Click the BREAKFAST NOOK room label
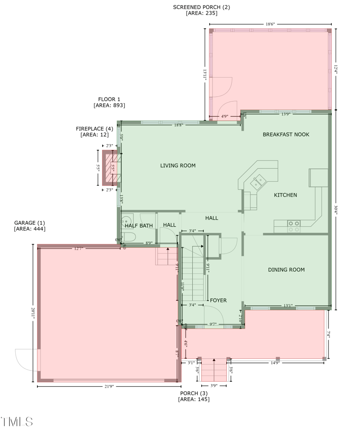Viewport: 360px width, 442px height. tap(286, 134)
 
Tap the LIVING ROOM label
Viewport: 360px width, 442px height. tap(178, 165)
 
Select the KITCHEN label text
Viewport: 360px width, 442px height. tap(285, 195)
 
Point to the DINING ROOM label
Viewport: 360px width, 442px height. tap(286, 270)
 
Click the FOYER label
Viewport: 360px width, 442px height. tap(218, 300)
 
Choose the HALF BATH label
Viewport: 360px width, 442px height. tap(139, 226)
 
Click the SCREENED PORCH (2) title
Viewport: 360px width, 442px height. tap(201, 7)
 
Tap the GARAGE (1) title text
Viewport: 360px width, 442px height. tap(29, 223)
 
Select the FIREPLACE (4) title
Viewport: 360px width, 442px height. tap(94, 129)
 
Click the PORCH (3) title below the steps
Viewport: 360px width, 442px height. tap(193, 393)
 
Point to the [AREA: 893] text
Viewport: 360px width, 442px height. tap(109, 105)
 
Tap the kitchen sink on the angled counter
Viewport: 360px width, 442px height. tap(259, 181)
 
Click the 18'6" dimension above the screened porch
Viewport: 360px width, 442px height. tap(270, 24)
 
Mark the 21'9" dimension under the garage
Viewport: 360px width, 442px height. tap(108, 386)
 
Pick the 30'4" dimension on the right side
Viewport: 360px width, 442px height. tap(336, 210)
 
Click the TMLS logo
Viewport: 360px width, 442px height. tap(17, 421)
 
